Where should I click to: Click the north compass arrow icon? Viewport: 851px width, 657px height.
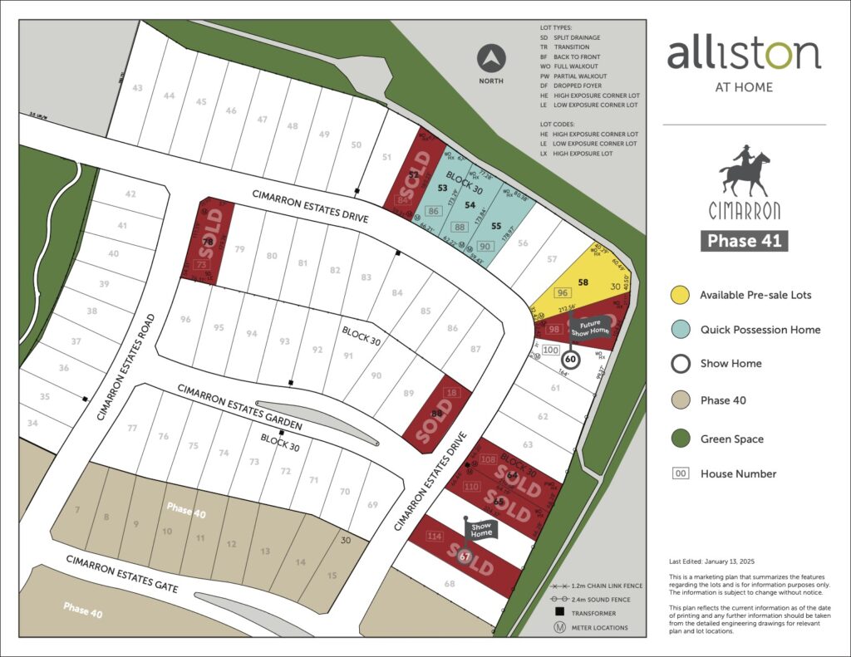coord(492,60)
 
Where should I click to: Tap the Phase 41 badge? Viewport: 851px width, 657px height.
coord(744,241)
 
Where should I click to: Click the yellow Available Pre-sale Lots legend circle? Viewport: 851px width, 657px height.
coord(681,295)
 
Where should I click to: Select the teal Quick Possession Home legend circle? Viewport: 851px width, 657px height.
coord(681,330)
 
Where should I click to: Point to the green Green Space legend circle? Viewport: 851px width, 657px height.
coord(681,439)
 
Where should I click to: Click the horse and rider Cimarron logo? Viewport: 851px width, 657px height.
coord(744,174)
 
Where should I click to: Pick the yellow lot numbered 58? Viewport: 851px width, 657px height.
coord(583,282)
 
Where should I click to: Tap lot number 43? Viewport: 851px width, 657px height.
coord(137,88)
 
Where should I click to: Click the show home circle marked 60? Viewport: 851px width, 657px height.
coord(570,360)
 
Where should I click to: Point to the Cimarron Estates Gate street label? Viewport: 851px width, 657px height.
coord(122,573)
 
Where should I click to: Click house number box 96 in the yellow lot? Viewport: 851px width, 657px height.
coord(563,293)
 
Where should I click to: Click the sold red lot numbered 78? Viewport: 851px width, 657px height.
coord(208,241)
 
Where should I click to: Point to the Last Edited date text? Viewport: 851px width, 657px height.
coord(718,561)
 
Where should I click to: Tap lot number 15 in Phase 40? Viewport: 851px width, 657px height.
coord(332,576)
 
